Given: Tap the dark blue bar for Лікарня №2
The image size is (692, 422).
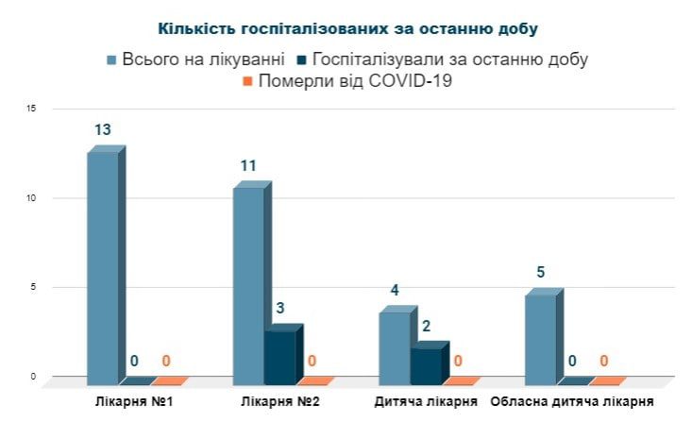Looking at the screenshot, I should [279, 358].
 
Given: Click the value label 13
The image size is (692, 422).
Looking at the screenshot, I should [103, 129].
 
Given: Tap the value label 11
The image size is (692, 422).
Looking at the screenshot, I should [248, 166].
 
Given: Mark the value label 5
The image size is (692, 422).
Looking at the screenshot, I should [541, 273].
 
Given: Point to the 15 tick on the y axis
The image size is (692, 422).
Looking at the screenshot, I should [31, 109].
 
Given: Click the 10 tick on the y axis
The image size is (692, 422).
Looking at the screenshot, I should [31, 198].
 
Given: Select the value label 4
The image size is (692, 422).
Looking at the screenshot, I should [396, 291].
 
